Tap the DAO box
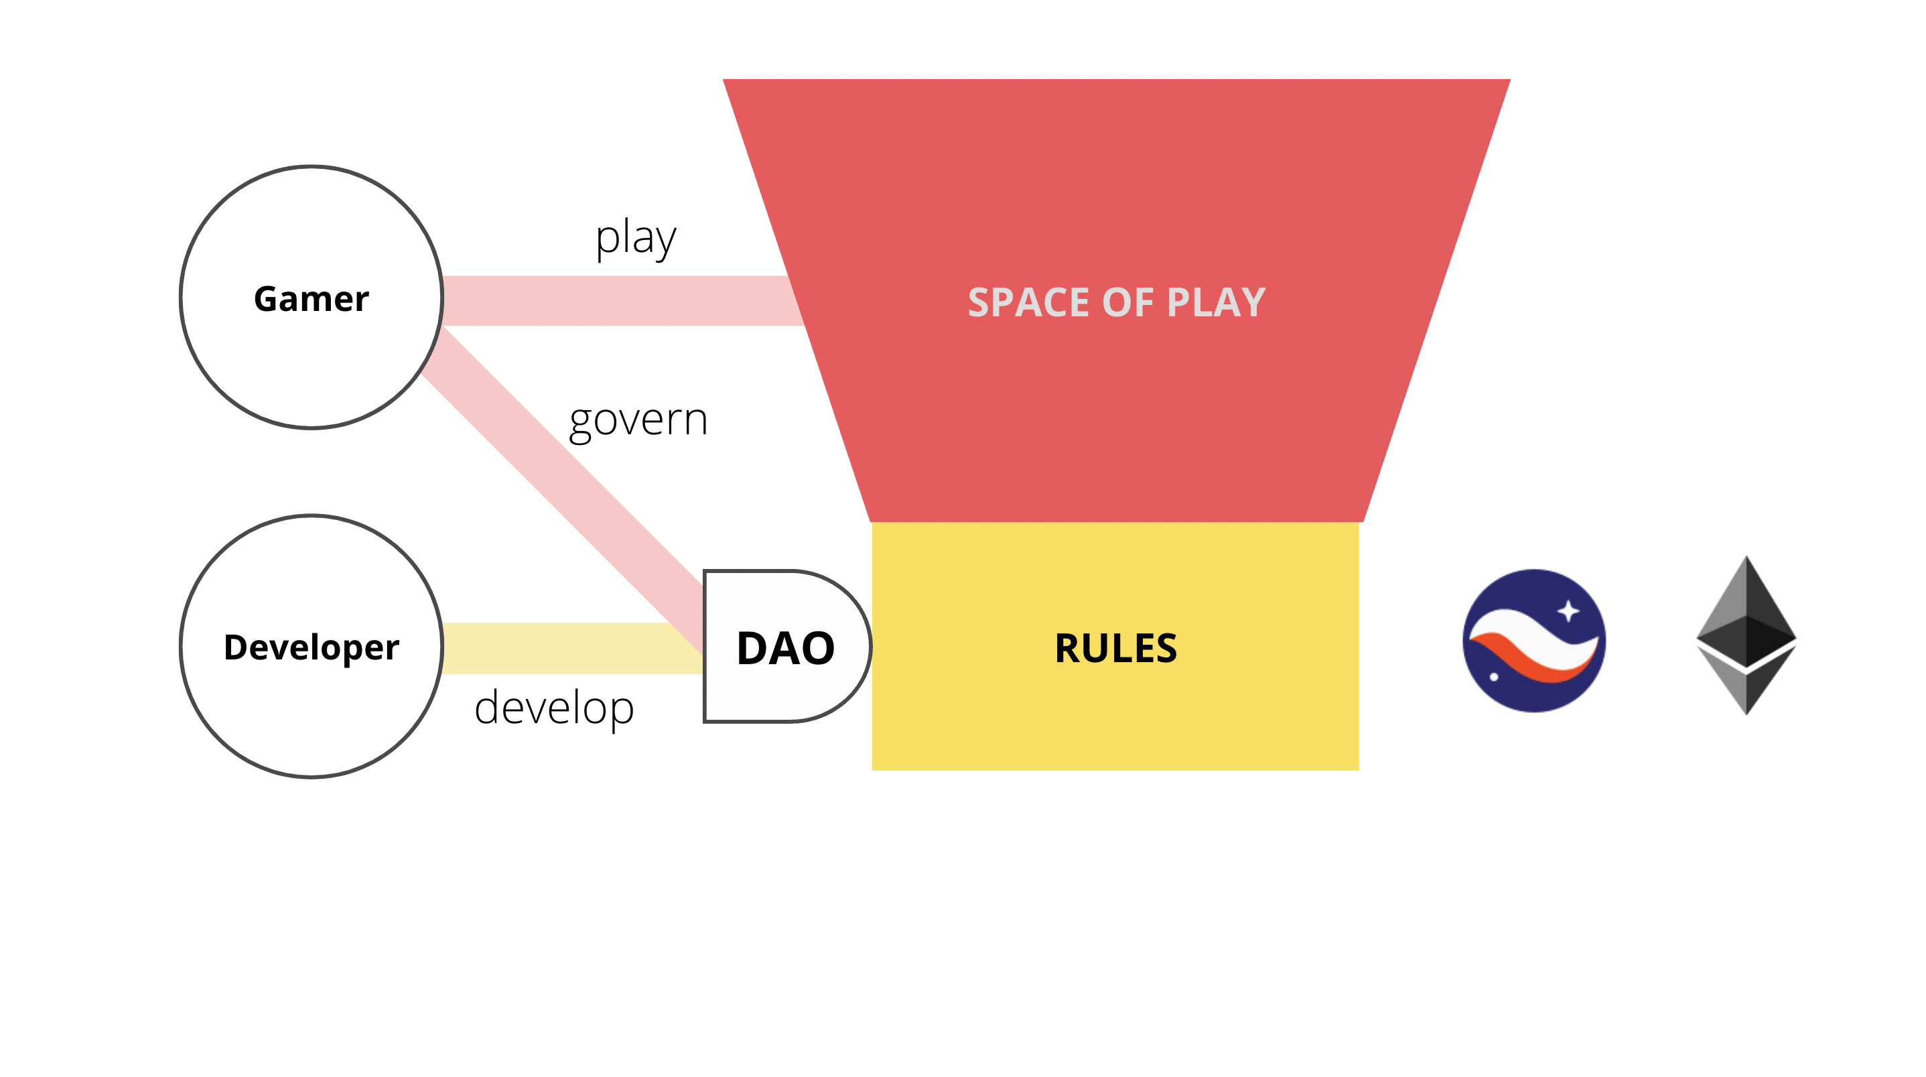(x=787, y=647)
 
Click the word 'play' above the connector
(x=636, y=239)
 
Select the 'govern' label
(x=638, y=420)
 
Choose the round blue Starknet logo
(x=1534, y=641)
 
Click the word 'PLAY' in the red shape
(x=1217, y=302)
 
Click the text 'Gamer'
(x=312, y=299)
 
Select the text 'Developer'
(x=312, y=647)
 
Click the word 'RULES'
(x=1115, y=647)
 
